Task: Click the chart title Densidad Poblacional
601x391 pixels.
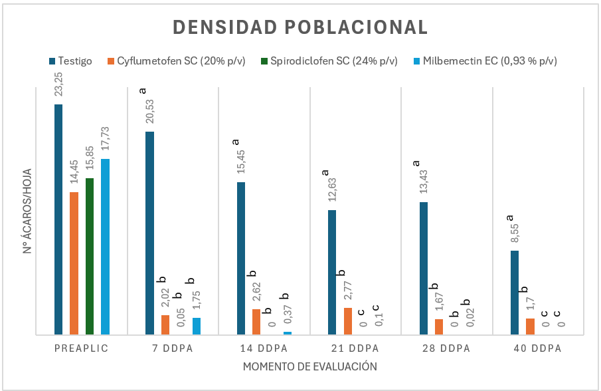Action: click(x=300, y=27)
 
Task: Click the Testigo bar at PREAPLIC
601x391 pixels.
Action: click(x=58, y=219)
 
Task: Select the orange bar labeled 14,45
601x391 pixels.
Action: click(x=74, y=263)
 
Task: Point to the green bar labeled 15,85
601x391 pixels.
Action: click(x=89, y=256)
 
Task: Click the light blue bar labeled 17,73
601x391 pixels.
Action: click(x=105, y=247)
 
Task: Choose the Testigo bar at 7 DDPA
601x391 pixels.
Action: click(x=149, y=233)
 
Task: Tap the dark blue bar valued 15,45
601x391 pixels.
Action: click(x=240, y=258)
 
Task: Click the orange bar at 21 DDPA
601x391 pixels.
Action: click(x=347, y=321)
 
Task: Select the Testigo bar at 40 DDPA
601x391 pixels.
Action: click(x=514, y=293)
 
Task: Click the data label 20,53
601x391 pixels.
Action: click(x=149, y=113)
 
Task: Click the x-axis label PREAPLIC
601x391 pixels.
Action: click(x=81, y=349)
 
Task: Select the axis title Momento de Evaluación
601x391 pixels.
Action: click(x=301, y=366)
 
